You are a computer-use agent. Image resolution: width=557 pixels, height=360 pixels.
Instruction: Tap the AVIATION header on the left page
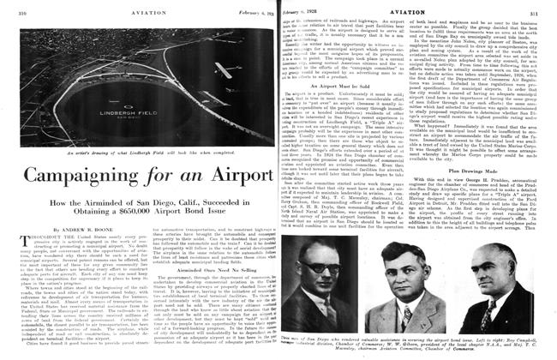tap(141, 9)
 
